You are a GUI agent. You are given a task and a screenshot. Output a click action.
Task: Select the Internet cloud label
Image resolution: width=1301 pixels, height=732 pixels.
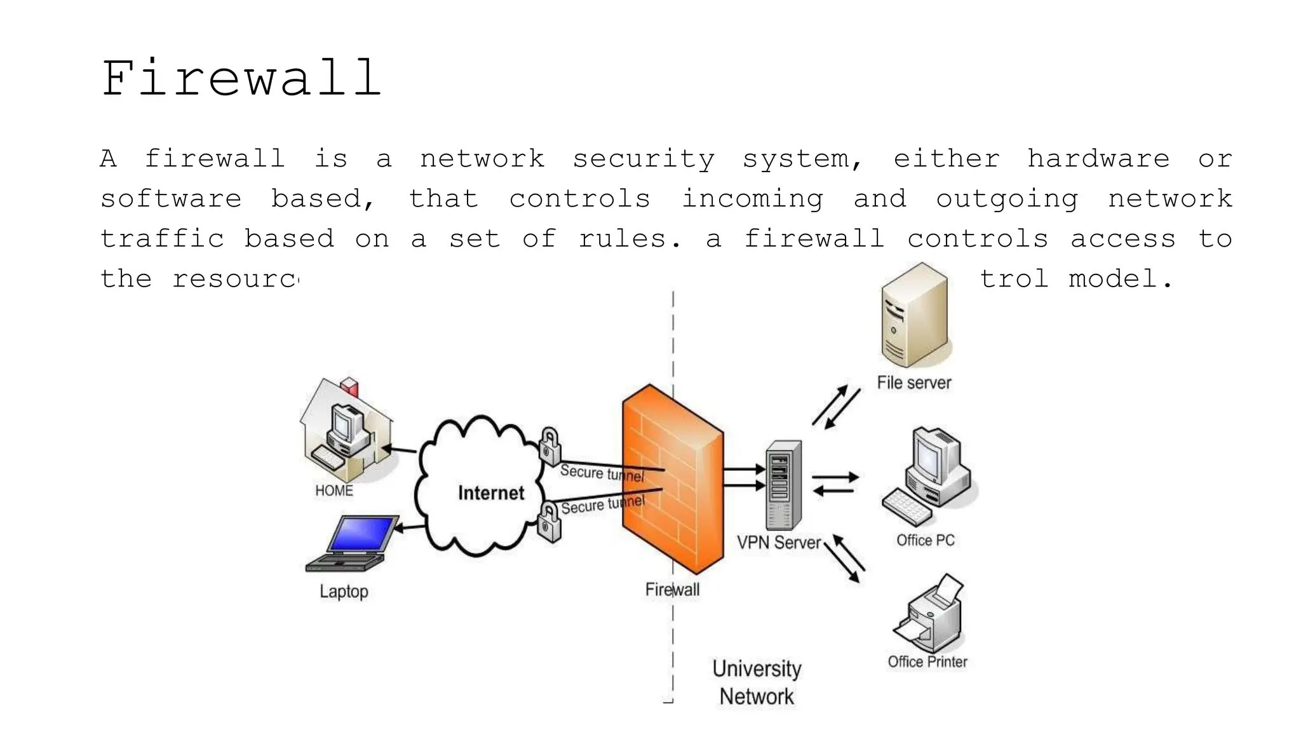click(491, 493)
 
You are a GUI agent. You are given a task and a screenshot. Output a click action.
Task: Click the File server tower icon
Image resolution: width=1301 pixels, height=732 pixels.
click(915, 316)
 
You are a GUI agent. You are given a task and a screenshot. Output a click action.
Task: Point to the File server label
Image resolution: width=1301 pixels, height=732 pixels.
click(913, 383)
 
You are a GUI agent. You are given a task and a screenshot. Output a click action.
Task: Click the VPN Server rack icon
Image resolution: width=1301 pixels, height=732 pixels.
click(783, 485)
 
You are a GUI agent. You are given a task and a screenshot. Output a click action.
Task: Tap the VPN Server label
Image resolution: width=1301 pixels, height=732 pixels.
click(779, 543)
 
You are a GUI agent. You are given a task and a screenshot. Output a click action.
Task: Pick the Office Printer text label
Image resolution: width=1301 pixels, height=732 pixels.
click(927, 661)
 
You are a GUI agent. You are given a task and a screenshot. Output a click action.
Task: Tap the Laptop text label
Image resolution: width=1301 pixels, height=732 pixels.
click(344, 592)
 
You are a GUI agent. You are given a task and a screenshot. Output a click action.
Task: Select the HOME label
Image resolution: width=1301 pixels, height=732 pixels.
click(334, 491)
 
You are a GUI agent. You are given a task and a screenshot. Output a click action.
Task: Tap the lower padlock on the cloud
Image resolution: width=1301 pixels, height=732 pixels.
click(549, 522)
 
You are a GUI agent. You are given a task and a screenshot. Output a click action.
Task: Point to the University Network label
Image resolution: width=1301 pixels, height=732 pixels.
click(757, 682)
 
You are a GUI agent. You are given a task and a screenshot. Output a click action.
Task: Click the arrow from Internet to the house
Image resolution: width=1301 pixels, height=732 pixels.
click(399, 450)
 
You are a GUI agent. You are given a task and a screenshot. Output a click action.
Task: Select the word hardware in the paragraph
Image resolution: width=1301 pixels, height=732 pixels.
click(1098, 159)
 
